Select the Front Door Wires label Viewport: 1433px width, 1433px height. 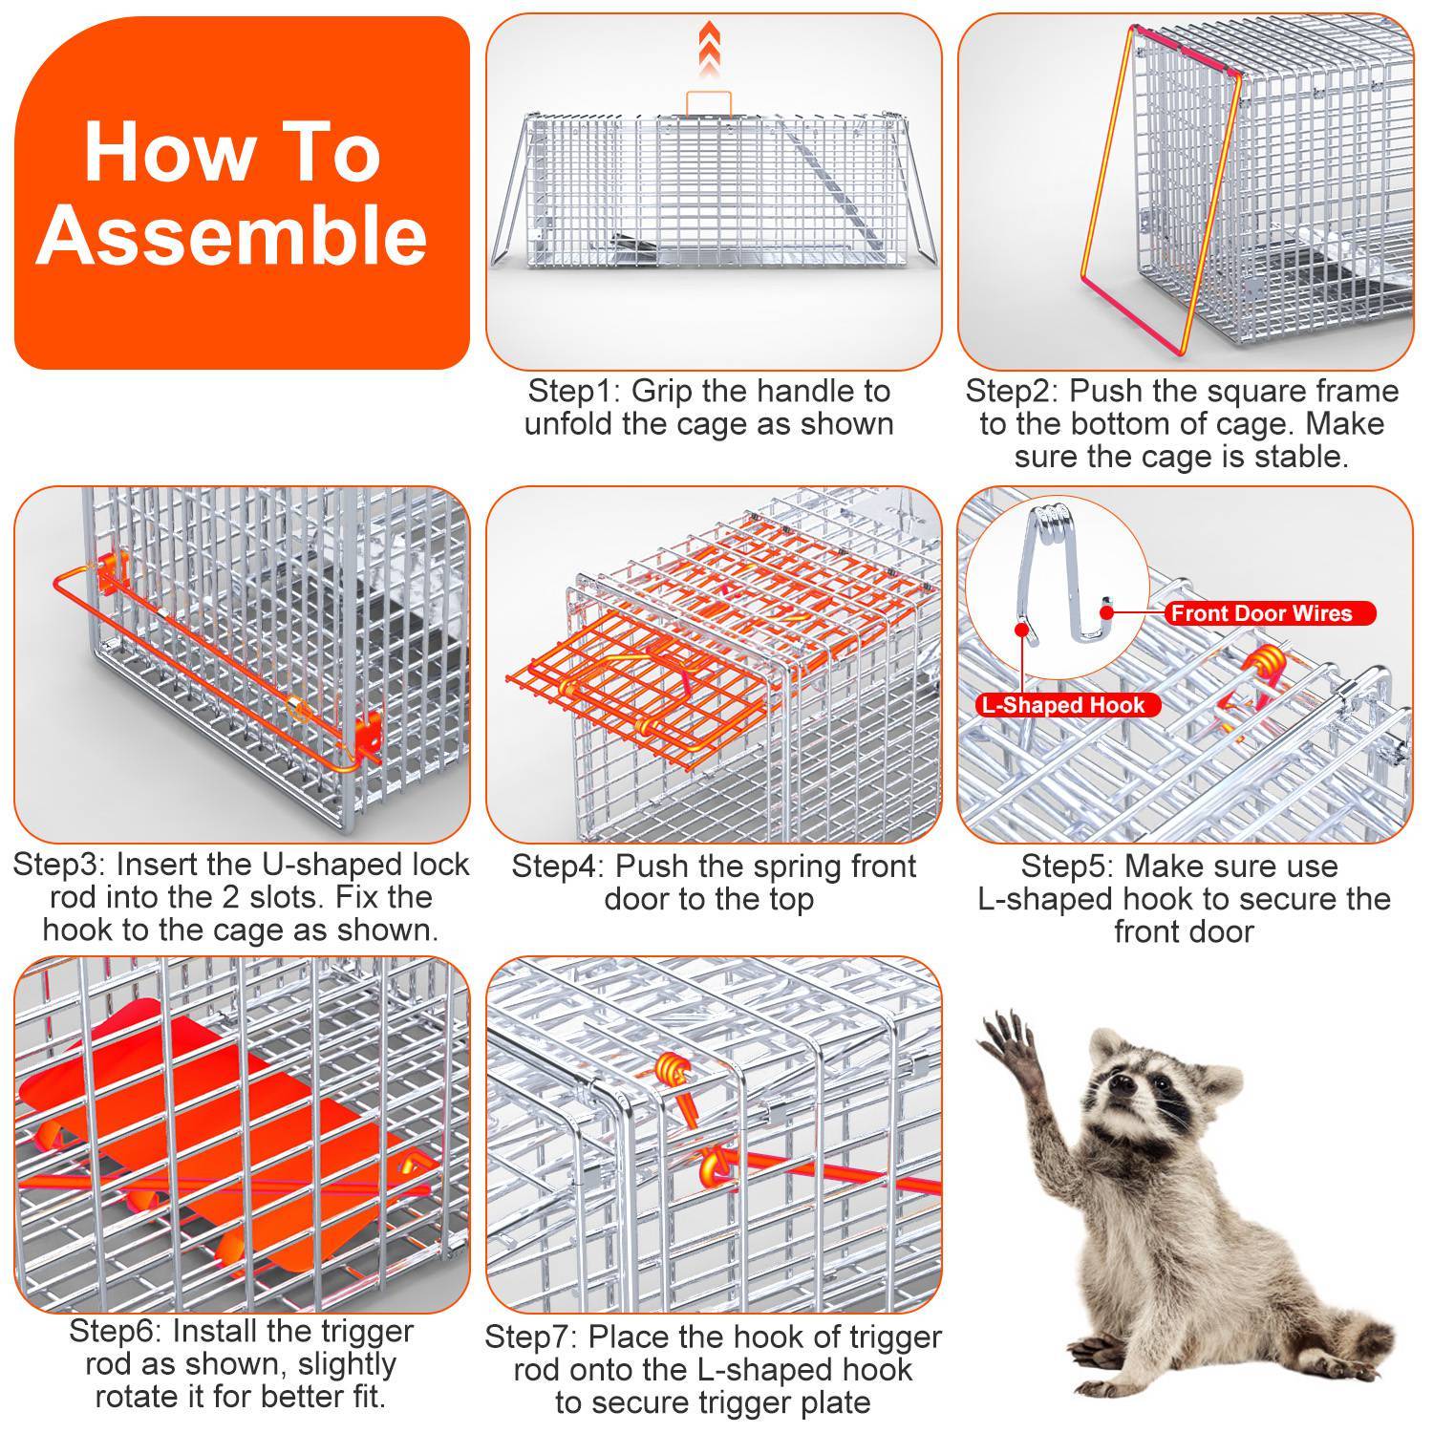(1261, 613)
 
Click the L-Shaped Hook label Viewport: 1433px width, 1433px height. (1061, 706)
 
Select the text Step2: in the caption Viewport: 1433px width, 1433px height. (1011, 392)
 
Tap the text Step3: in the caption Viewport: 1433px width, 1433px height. (59, 866)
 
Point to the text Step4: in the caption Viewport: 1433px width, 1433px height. (557, 867)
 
